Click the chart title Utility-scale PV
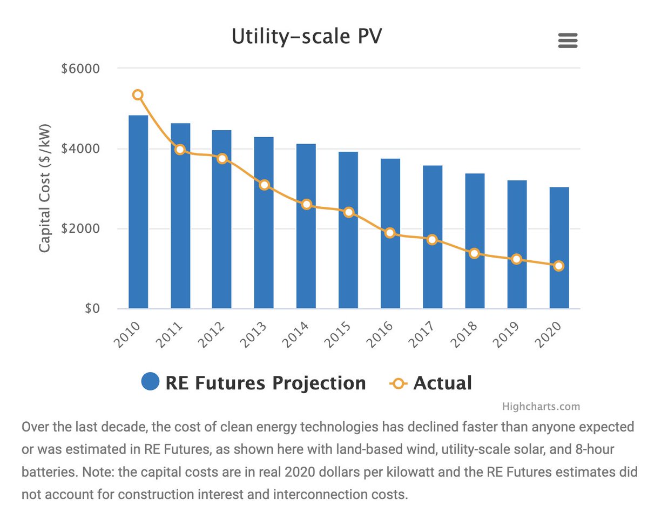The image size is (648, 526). pyautogui.click(x=307, y=37)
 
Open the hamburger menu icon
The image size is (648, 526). pyautogui.click(x=568, y=41)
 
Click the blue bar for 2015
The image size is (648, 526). pyautogui.click(x=348, y=232)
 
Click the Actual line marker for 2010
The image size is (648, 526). pyautogui.click(x=138, y=95)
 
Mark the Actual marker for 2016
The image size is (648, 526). pyautogui.click(x=390, y=233)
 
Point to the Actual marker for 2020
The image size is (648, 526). pyautogui.click(x=559, y=266)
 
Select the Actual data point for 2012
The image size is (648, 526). pyautogui.click(x=222, y=159)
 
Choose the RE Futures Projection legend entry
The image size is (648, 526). pyautogui.click(x=254, y=383)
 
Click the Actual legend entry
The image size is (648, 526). pyautogui.click(x=431, y=383)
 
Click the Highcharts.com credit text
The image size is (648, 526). pyautogui.click(x=541, y=407)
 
